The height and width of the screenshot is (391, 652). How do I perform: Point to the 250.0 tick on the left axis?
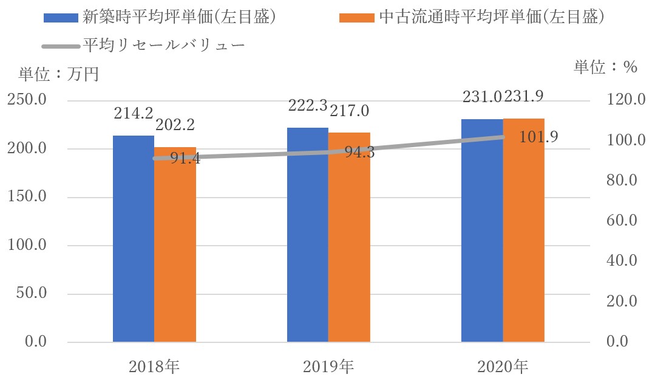[27, 100]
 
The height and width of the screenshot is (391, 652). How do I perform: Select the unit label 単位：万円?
[58, 74]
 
